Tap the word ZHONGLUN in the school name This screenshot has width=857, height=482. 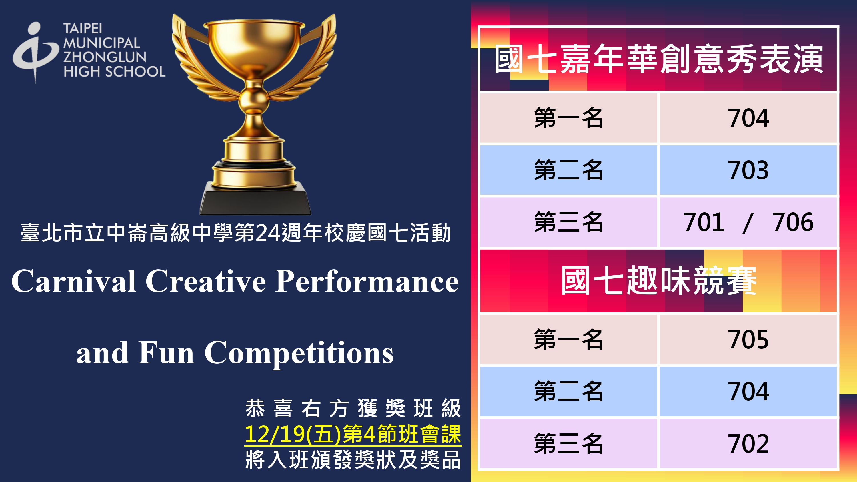[x=105, y=57]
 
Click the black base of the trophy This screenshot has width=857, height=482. [x=255, y=198]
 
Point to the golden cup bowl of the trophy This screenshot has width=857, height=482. [x=254, y=47]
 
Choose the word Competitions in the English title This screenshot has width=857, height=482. [x=299, y=353]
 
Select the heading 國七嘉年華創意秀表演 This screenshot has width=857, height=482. [x=658, y=59]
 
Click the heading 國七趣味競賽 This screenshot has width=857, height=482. [x=658, y=280]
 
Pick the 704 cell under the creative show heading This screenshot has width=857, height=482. [x=748, y=118]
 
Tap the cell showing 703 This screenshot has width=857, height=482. [x=748, y=170]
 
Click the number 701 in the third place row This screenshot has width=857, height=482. [x=704, y=222]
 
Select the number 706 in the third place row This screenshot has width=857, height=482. [x=793, y=222]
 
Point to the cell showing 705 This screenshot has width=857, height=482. [x=748, y=340]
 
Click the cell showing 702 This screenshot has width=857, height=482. [x=748, y=443]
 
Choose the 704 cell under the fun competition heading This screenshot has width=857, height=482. [x=748, y=391]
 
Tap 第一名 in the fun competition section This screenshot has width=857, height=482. [x=568, y=340]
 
